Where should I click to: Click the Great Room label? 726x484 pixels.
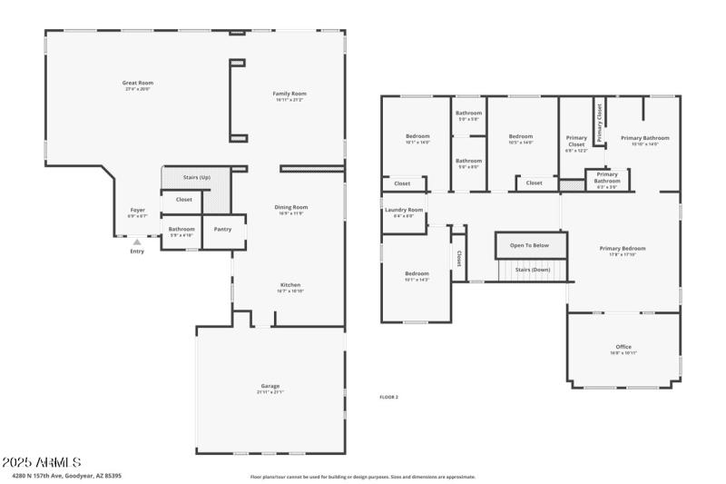[x=138, y=83]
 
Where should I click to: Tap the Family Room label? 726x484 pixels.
[x=290, y=94]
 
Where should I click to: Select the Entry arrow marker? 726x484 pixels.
[x=137, y=242]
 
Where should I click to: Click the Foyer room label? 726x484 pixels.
[x=137, y=210]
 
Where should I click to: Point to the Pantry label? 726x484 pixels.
[x=222, y=229]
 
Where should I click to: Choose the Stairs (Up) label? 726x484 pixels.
[x=197, y=177]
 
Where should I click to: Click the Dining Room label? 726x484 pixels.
[x=291, y=207]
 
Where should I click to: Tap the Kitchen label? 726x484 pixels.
[x=290, y=284]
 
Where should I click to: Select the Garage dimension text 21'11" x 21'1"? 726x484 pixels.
[x=270, y=392]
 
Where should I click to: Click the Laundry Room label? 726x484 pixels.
[x=404, y=210]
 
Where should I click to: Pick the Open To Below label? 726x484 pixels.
[x=529, y=245]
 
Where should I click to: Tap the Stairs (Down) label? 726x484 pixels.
[x=533, y=270]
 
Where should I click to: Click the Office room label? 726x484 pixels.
[x=623, y=347]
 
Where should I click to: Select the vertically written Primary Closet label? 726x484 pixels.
[x=599, y=123]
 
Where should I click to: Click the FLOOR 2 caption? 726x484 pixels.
[x=388, y=397]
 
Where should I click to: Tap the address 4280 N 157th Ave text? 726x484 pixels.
[x=67, y=475]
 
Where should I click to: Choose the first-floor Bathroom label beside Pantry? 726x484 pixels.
[x=181, y=229]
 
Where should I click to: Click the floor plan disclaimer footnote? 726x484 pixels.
[x=363, y=476]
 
